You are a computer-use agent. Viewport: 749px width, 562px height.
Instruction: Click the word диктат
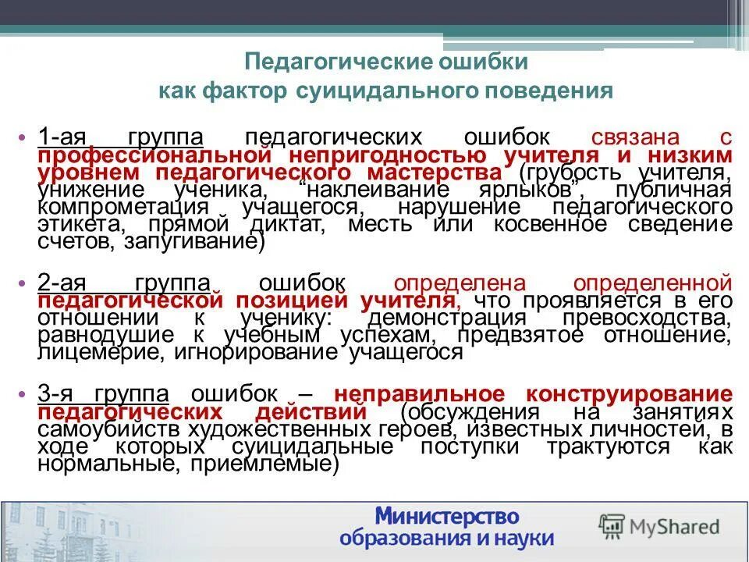tap(332, 224)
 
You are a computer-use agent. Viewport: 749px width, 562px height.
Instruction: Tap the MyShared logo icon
tap(612, 525)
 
